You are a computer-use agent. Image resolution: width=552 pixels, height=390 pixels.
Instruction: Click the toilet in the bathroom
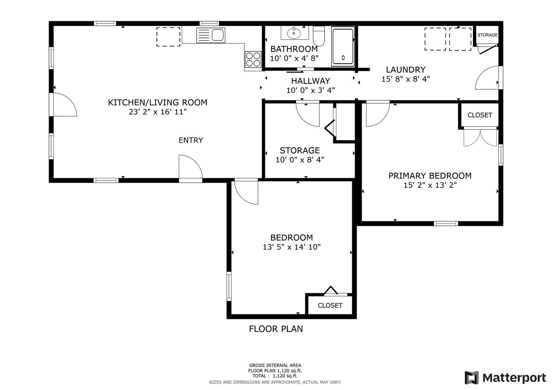[319, 36]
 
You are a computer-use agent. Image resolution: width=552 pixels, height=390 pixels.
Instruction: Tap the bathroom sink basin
[294, 33]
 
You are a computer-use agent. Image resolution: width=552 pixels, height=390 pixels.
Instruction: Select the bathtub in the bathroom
[343, 46]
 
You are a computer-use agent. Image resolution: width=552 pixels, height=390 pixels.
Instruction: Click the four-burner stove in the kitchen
[253, 59]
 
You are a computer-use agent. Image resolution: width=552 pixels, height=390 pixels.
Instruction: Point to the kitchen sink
[211, 35]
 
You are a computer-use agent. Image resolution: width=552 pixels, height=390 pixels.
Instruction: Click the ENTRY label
[191, 140]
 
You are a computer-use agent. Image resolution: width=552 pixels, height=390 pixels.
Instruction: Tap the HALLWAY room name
[311, 81]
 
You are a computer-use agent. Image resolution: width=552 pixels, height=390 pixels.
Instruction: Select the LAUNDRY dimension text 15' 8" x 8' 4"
[406, 79]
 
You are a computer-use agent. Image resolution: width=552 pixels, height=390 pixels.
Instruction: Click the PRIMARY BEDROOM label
[430, 176]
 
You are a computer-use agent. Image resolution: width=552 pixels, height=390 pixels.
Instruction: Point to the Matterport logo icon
[472, 378]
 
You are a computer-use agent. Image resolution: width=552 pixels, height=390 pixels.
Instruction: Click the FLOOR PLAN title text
[276, 329]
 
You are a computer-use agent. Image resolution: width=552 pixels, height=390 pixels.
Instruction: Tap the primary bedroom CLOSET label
[480, 115]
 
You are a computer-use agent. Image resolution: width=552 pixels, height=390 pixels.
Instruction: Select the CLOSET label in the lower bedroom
[330, 305]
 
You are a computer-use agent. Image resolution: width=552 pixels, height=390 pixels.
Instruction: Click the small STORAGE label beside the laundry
[488, 35]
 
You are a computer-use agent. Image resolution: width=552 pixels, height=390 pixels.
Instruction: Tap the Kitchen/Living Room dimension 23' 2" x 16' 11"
[158, 112]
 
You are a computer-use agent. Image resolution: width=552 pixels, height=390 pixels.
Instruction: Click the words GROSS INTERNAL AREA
[275, 365]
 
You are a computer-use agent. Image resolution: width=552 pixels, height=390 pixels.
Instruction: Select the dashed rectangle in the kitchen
[168, 37]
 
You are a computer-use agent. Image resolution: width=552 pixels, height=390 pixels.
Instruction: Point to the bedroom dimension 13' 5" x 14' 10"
[292, 247]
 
